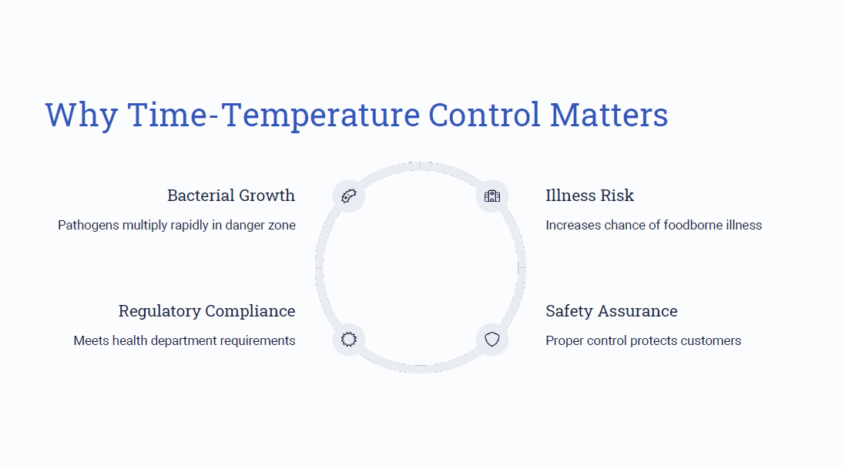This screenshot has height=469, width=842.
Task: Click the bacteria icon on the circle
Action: click(x=348, y=196)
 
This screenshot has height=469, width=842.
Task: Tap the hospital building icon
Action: click(x=492, y=196)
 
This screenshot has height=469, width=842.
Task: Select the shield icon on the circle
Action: click(x=492, y=339)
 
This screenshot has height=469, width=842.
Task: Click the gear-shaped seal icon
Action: click(x=348, y=339)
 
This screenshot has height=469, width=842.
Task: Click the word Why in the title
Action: click(x=81, y=115)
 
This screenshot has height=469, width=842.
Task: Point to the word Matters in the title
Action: click(x=609, y=114)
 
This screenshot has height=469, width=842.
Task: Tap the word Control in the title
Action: click(x=485, y=114)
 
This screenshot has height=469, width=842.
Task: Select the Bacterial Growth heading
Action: click(x=231, y=196)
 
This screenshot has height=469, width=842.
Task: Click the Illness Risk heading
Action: click(x=589, y=196)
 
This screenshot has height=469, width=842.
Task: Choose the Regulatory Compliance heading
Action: click(x=206, y=311)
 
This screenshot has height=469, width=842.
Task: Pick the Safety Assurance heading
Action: click(x=612, y=310)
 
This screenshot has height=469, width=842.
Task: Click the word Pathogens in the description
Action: click(x=89, y=226)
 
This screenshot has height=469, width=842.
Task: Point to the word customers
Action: click(x=715, y=340)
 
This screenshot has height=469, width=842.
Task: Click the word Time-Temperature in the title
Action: click(x=274, y=115)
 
